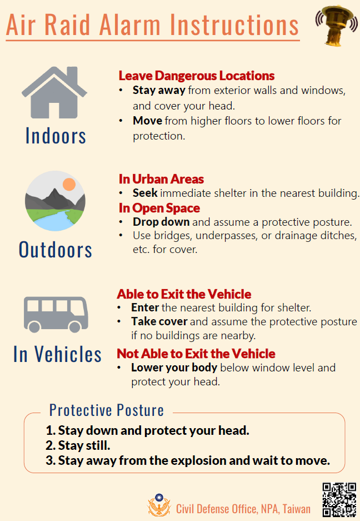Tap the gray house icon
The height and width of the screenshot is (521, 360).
[x=54, y=92]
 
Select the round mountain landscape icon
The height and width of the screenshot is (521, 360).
[x=55, y=201]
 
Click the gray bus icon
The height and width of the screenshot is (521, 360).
[x=56, y=314]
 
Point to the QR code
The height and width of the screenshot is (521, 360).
[x=339, y=500]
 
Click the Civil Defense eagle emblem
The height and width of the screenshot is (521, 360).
[x=159, y=505]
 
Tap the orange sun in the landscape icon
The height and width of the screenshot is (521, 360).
[x=69, y=184]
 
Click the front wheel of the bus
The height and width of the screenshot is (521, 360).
[x=75, y=326]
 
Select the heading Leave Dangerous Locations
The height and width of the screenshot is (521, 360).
[x=197, y=76]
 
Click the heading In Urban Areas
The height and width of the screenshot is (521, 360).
[x=162, y=179]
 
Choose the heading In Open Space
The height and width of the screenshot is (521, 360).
[x=159, y=208]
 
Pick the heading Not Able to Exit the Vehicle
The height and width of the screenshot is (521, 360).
[x=196, y=354]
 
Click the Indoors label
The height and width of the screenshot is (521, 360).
[x=56, y=136]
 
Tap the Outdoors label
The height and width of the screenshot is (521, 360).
[x=56, y=250]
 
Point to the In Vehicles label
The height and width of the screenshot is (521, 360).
[x=57, y=354]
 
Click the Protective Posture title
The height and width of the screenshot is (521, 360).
[x=107, y=410]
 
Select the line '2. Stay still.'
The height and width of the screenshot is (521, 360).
[x=78, y=445]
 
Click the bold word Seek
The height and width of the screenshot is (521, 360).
[x=145, y=193]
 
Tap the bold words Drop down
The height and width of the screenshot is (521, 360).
[x=161, y=222]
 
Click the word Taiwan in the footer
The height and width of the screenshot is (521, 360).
[x=297, y=509]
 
